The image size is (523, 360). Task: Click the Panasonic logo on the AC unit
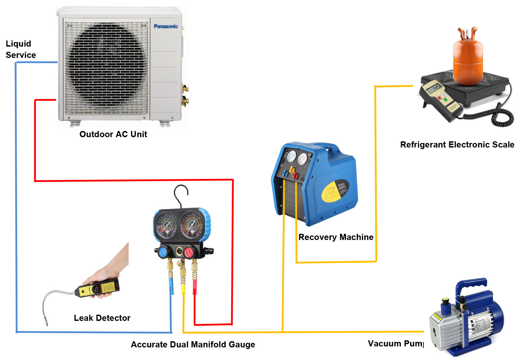click(x=166, y=26)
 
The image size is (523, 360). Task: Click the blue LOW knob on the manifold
click(x=163, y=252)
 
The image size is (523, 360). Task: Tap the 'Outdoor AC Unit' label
click(x=113, y=134)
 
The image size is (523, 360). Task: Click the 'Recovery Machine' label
click(x=336, y=237)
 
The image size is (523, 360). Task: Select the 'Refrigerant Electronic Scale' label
click(x=457, y=145)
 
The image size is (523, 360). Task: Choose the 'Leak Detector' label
click(x=102, y=318)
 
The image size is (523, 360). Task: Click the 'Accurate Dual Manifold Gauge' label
click(x=193, y=344)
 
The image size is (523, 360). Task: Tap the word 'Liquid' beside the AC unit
click(x=18, y=44)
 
